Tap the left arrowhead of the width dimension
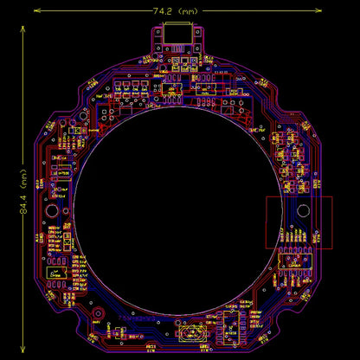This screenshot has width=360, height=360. (x=37, y=11)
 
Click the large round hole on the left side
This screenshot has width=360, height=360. (x=52, y=211)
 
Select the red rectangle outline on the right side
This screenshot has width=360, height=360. (x=299, y=222)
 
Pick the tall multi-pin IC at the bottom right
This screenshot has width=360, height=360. (x=233, y=326)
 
